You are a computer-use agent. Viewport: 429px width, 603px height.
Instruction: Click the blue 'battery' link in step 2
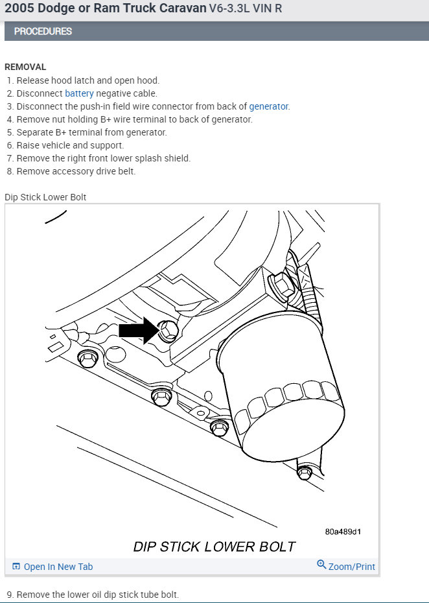79,93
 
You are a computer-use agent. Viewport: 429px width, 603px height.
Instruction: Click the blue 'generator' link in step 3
268,106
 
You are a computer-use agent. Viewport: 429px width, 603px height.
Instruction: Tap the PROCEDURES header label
43,31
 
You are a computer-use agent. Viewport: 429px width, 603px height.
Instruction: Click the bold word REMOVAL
25,67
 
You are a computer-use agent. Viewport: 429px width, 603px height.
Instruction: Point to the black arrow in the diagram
137,330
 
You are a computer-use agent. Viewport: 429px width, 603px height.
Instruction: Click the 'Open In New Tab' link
58,567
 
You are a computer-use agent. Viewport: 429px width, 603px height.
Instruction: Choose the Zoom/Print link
351,567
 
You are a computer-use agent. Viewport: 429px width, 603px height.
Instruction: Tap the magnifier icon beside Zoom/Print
321,565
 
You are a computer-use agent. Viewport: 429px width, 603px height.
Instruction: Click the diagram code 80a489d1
343,532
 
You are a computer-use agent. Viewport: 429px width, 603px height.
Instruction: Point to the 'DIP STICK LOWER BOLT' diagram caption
214,547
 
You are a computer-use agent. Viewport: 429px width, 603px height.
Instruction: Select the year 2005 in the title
20,9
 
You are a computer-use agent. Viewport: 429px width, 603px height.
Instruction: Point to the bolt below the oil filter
304,473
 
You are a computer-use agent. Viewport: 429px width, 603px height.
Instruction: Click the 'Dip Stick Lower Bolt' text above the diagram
45,197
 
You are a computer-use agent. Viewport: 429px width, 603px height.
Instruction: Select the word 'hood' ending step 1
148,80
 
